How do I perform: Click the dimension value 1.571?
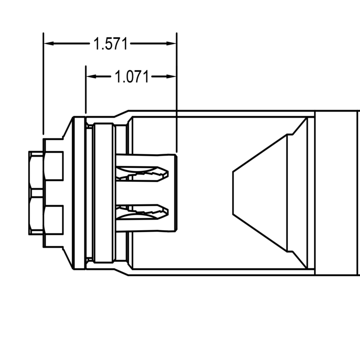click(110, 44)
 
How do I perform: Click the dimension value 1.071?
click(132, 76)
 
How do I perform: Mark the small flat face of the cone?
click(233, 192)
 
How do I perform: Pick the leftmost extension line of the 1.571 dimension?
click(43, 84)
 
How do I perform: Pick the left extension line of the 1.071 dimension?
click(85, 91)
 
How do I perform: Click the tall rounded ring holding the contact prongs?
click(103, 193)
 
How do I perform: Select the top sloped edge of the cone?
click(260, 152)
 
